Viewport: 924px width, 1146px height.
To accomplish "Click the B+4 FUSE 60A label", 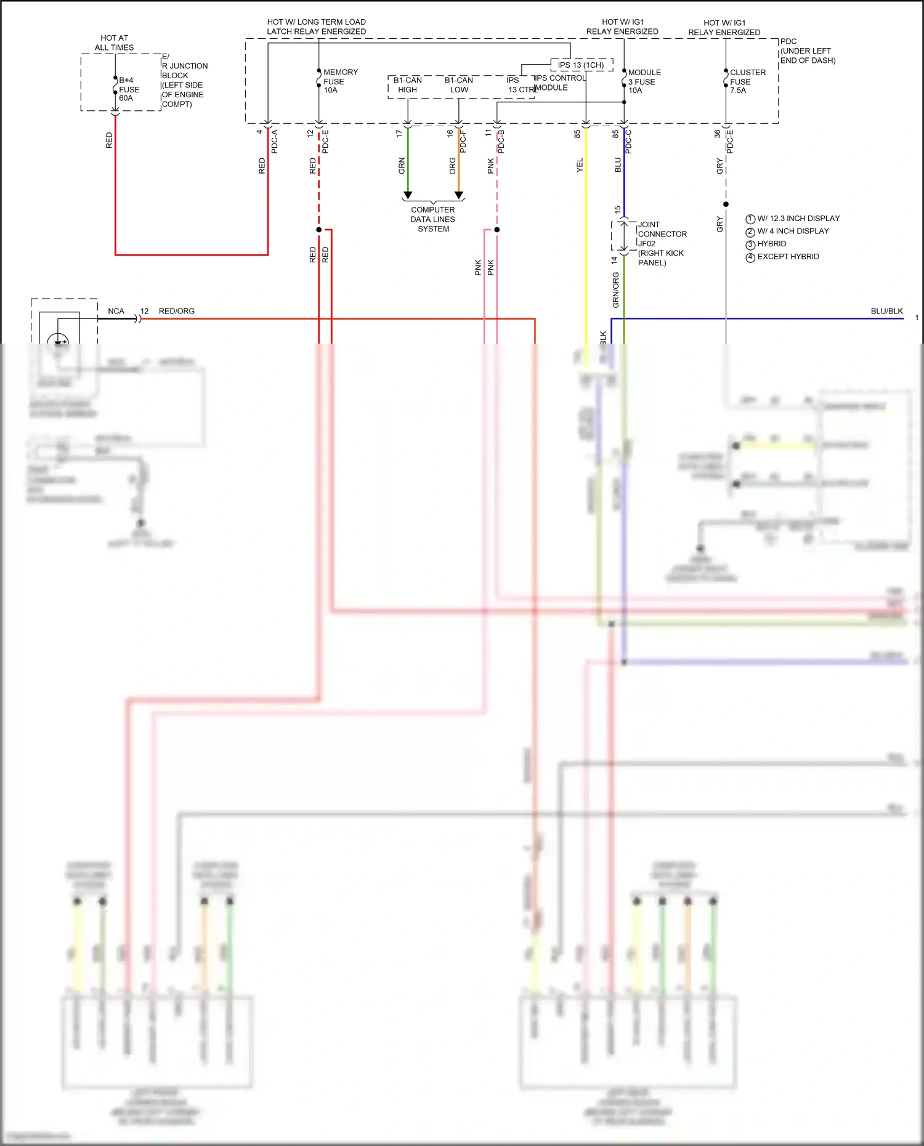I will (129, 89).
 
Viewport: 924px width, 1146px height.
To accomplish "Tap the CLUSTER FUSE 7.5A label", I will (747, 81).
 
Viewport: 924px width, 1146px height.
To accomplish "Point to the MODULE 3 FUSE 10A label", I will (644, 81).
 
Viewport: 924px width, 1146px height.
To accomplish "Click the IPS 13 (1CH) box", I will (581, 65).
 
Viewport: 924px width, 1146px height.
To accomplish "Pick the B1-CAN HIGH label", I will (407, 85).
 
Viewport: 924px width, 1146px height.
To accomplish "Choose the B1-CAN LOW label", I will (459, 85).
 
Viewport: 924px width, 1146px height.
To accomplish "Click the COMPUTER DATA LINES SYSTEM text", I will (433, 219).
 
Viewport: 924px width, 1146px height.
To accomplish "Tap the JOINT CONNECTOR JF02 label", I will (661, 234).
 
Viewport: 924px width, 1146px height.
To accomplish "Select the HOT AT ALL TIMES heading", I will (114, 42).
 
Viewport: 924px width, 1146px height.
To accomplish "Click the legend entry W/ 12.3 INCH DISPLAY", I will (798, 219).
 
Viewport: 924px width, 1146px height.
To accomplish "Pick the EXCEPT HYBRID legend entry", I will (787, 257).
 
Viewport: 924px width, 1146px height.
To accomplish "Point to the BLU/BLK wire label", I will (886, 311).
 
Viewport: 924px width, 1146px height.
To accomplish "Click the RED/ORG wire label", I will (177, 311).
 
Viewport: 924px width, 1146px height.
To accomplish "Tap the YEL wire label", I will (580, 165).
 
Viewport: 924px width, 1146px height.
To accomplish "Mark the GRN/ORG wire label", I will (615, 290).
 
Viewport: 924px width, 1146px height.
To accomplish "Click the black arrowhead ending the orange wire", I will (459, 195).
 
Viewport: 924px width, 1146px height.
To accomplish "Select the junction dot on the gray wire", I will (726, 204).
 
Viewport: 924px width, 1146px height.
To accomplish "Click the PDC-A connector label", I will (275, 142).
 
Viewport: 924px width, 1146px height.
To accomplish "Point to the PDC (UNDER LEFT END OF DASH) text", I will (807, 51).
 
